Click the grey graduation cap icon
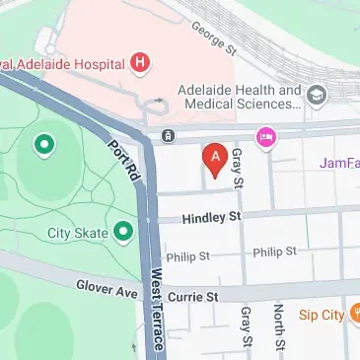click(317, 96)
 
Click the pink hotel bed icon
click(265, 137)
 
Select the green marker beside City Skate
click(123, 233)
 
